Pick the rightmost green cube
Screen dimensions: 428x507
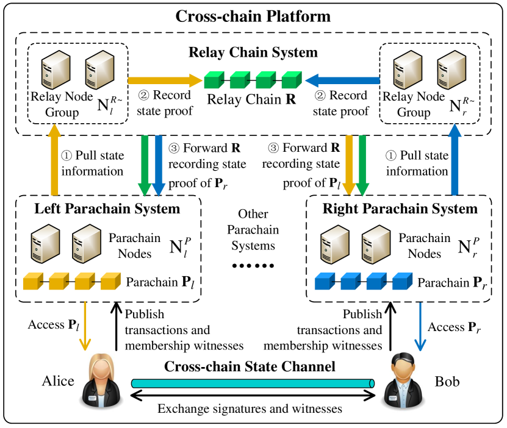[291, 80]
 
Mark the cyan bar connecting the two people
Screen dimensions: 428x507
[251, 383]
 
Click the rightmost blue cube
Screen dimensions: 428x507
[401, 282]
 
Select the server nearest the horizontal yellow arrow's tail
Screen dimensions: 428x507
[99, 70]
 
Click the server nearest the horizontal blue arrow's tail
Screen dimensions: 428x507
[408, 70]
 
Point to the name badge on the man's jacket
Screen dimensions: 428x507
[393, 398]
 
